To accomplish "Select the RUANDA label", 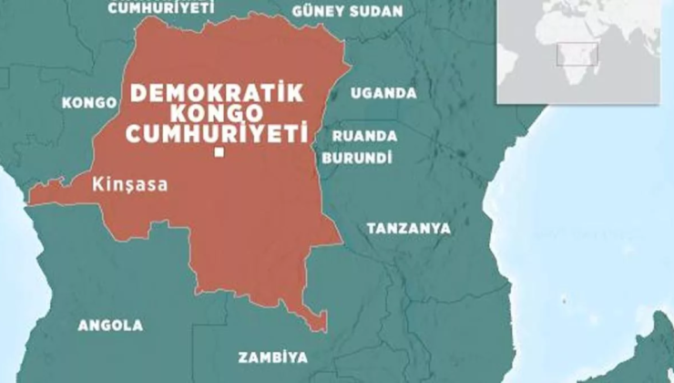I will (x=364, y=136).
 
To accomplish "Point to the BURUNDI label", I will (x=357, y=158).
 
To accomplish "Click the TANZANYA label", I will (x=407, y=228).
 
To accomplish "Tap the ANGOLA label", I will (x=110, y=326).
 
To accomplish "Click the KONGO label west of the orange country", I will (x=88, y=103).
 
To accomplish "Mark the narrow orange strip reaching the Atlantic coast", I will (x=46, y=193).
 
